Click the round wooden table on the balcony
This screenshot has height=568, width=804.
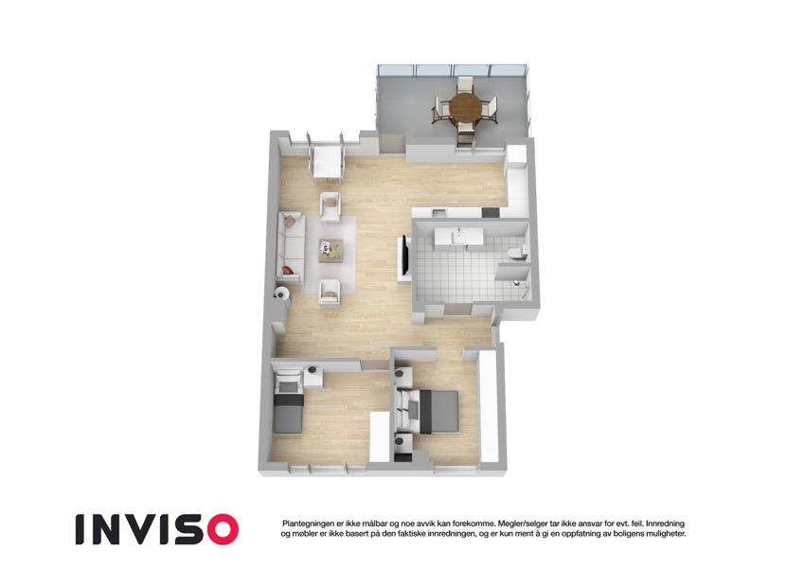click(x=466, y=107)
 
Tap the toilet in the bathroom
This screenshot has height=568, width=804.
click(x=515, y=253)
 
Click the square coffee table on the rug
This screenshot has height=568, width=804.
click(x=331, y=250)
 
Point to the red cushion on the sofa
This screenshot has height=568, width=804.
click(x=287, y=270)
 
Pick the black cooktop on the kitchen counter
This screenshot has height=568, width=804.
click(x=491, y=212)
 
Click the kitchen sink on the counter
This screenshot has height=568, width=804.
click(x=439, y=212)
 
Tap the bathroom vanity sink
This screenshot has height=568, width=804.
click(x=459, y=238)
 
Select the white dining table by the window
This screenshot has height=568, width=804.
click(x=327, y=162)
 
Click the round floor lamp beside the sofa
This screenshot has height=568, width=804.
click(x=281, y=293)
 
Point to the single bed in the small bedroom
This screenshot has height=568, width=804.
click(x=288, y=407)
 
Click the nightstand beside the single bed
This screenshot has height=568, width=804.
click(x=313, y=378)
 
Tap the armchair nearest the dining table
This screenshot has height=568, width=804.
click(x=331, y=206)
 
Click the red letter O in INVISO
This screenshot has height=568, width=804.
click(x=220, y=529)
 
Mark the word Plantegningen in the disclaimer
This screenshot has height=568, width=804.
click(x=308, y=524)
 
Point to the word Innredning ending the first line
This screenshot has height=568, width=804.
click(x=665, y=524)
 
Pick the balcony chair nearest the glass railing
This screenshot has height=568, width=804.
click(x=466, y=84)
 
